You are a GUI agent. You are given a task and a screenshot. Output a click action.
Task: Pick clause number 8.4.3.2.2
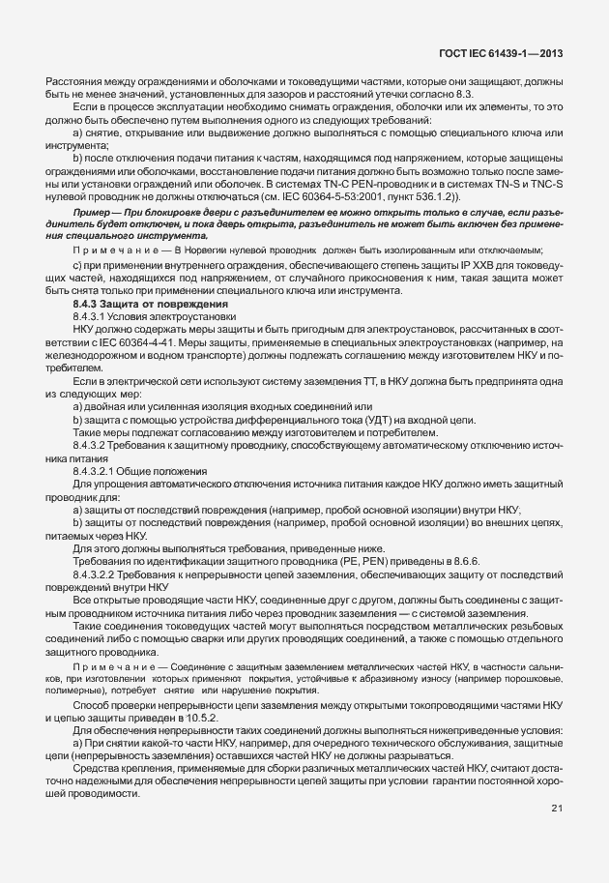98,573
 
